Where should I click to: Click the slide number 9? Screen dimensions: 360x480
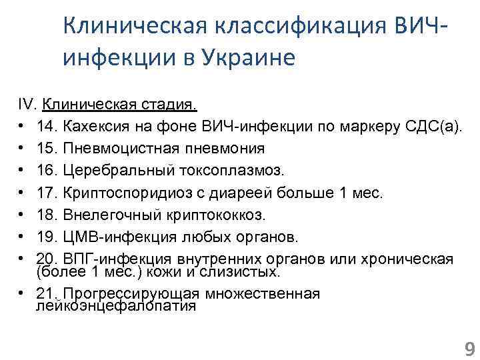tap(468, 349)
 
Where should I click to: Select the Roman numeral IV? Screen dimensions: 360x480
tap(26, 105)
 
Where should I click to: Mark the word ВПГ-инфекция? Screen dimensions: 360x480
tap(106, 259)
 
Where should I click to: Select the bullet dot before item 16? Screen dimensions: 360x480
tap(22, 171)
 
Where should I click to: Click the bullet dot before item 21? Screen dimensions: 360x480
tap(22, 294)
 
